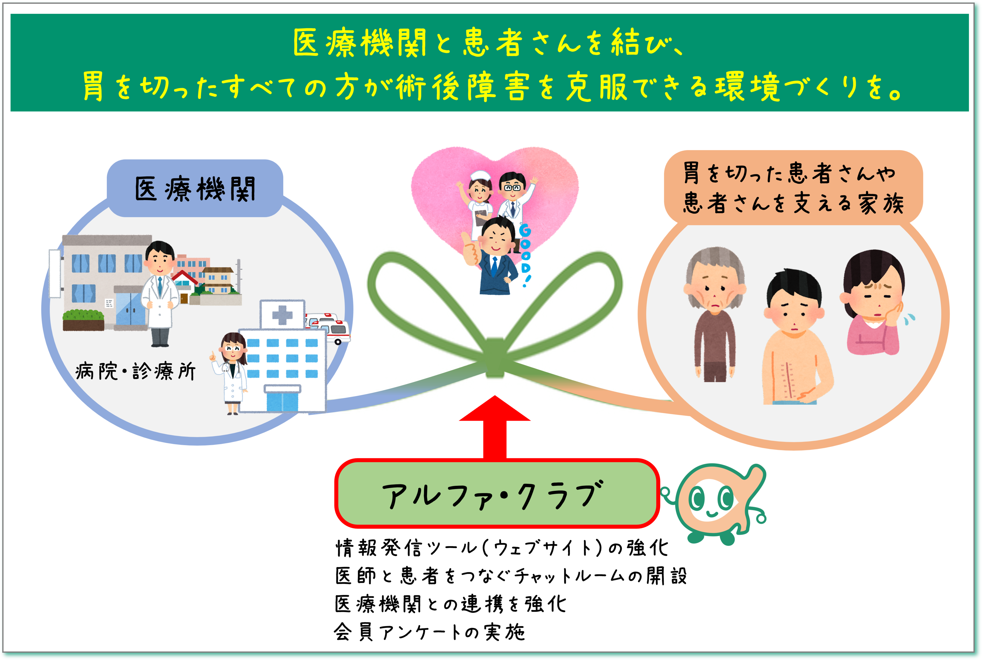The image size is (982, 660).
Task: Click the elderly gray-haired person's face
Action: pyautogui.click(x=715, y=291)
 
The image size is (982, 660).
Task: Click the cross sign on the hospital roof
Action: pyautogui.click(x=282, y=314)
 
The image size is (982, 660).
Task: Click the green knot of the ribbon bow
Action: pyautogui.click(x=495, y=358)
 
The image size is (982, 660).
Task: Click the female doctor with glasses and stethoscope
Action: pyautogui.click(x=231, y=370)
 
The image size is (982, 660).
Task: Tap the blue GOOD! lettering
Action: pyautogui.click(x=525, y=255)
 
